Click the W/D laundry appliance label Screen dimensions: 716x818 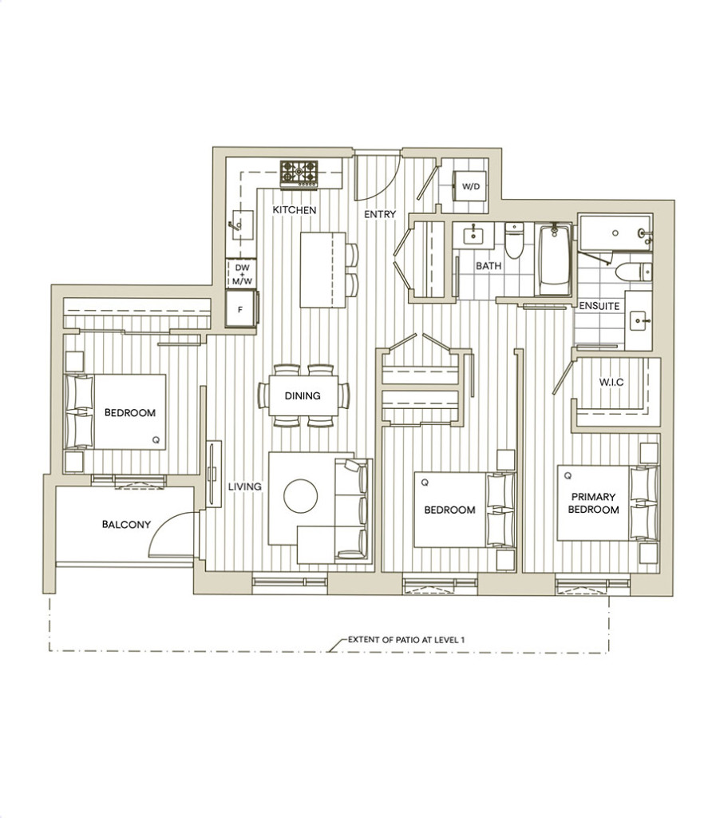tap(471, 186)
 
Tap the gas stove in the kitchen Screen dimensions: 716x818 tap(299, 173)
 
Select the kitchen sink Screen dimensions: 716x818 tap(243, 224)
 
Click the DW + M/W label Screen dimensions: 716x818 tap(242, 275)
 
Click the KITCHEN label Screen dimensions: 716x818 tap(295, 210)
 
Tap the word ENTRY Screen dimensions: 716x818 tap(380, 214)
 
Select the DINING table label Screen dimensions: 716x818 tap(303, 396)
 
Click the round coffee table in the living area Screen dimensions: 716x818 tap(301, 496)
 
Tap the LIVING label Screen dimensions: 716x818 tap(245, 486)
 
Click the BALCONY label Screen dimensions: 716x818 tap(126, 524)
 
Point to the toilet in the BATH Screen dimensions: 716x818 tap(514, 240)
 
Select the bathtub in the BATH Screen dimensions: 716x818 tap(554, 259)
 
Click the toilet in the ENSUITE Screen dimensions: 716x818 tap(633, 272)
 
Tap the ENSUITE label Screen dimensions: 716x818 tap(599, 306)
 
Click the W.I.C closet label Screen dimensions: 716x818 tap(611, 382)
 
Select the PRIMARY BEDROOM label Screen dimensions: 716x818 tap(594, 503)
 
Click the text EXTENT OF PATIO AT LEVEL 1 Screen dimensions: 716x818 tap(406, 640)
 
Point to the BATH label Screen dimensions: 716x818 tap(489, 265)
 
